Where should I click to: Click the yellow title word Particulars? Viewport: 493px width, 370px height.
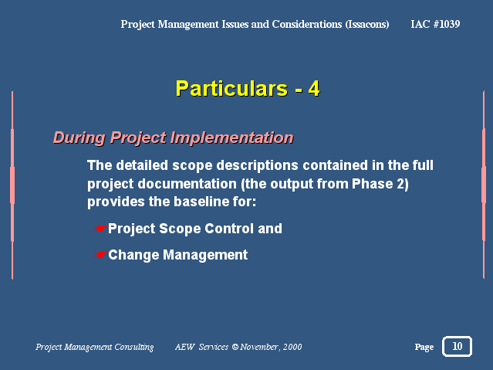231,89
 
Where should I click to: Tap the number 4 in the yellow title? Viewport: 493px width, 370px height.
314,89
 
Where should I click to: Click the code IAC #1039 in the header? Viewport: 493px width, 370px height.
435,24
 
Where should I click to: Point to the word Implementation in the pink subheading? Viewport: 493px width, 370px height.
232,138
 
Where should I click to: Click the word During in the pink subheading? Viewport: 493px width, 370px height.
79,138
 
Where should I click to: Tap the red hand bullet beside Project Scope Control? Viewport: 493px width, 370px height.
100,229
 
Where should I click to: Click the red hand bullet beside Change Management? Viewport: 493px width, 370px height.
100,255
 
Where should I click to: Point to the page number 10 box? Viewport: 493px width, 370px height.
457,346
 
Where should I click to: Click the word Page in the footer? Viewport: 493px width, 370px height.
424,347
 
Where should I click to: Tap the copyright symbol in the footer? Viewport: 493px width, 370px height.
235,347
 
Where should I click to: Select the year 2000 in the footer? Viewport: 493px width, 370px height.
292,347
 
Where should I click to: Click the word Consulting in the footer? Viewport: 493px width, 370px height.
134,347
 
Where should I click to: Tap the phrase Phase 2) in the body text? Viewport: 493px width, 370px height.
380,184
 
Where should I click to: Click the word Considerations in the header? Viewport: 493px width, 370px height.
307,24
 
